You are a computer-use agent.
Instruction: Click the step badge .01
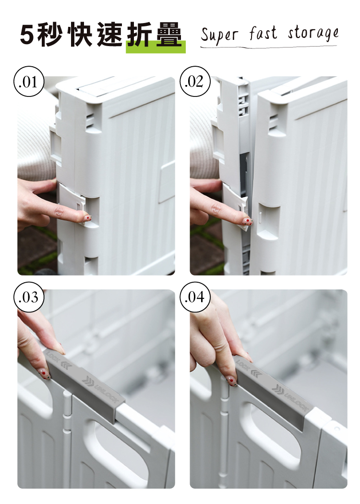tap(29, 82)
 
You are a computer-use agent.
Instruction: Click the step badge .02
tap(195, 82)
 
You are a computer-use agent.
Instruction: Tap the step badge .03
tap(29, 297)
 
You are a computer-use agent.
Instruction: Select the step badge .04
tap(195, 297)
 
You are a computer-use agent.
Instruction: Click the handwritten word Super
tap(219, 36)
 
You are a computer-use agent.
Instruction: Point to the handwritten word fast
tap(263, 33)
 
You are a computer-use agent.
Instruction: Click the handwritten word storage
tap(313, 34)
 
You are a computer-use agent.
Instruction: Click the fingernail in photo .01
tap(88, 218)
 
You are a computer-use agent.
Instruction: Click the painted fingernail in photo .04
tap(232, 381)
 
